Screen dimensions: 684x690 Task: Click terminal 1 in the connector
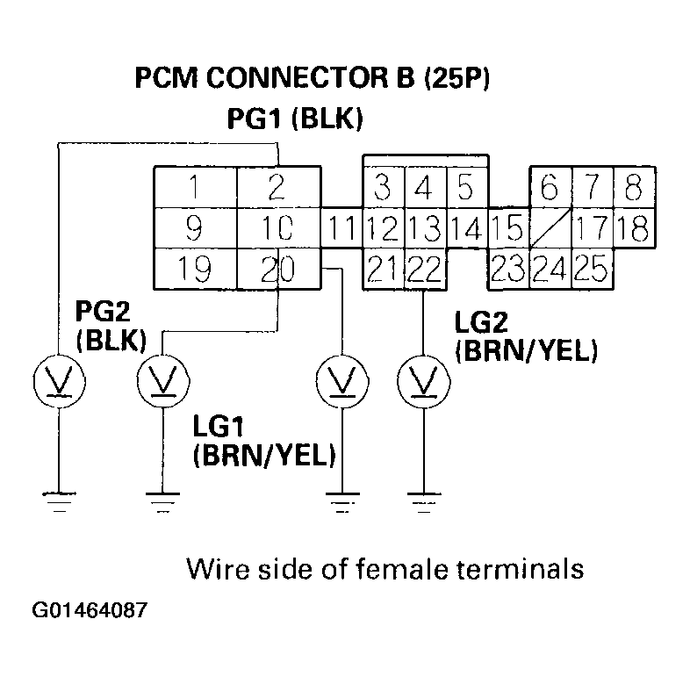tap(195, 186)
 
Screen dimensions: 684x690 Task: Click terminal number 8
tap(632, 186)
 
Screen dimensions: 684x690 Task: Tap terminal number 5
tap(465, 186)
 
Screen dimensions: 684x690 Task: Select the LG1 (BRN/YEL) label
tap(264, 441)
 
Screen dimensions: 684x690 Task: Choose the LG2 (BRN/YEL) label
tap(526, 336)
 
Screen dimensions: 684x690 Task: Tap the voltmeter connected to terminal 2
tap(57, 379)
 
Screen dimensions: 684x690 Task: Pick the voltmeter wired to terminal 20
tap(162, 379)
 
